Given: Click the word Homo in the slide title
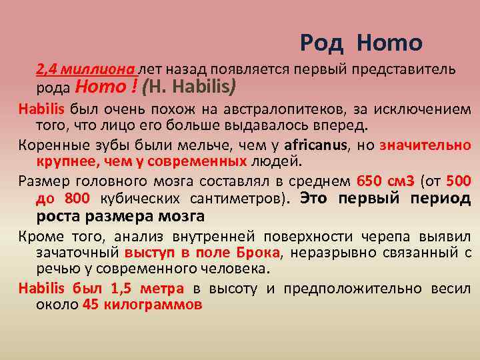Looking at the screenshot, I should (x=389, y=43).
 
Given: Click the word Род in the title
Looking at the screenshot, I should (x=322, y=43).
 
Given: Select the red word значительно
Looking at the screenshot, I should (x=425, y=145).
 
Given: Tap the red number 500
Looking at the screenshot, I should (x=459, y=181).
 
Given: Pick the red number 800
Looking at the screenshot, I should (x=77, y=199).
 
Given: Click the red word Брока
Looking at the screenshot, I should (x=258, y=253).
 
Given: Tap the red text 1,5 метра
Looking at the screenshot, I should (x=147, y=289).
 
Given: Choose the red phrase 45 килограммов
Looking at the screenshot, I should (x=142, y=305).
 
